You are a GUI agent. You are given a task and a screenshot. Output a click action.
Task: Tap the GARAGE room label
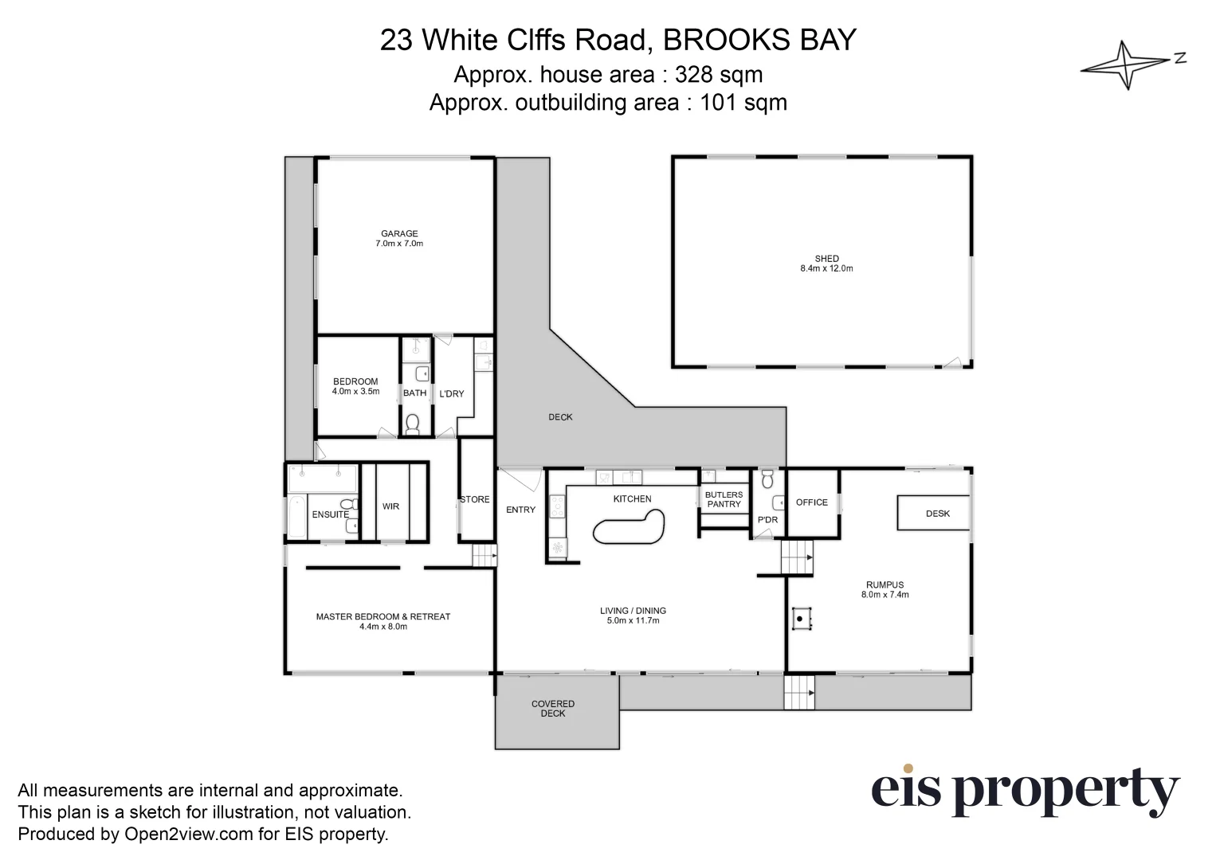tap(399, 234)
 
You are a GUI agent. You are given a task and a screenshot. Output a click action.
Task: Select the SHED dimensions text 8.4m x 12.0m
tap(826, 269)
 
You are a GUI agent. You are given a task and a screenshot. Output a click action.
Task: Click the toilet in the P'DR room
tap(767, 479)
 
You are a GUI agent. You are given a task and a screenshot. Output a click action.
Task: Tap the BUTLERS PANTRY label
tap(724, 499)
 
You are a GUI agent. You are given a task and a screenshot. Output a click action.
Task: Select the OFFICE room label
tap(811, 502)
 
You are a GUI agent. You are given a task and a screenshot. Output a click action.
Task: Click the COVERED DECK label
tap(553, 709)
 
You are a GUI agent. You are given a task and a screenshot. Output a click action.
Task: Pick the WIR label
tap(390, 506)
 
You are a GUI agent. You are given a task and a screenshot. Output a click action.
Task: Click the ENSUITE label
tap(330, 514)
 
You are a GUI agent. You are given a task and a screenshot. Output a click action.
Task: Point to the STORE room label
tap(475, 500)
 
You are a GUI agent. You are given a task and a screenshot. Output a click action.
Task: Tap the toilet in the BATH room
tap(412, 424)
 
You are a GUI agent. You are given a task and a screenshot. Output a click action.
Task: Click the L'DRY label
tap(452, 393)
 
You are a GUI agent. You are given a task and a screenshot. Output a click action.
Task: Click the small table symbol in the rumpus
tap(801, 619)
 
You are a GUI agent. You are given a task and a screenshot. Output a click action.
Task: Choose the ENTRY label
tap(520, 510)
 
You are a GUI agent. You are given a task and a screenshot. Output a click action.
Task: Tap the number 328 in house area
tap(694, 75)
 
